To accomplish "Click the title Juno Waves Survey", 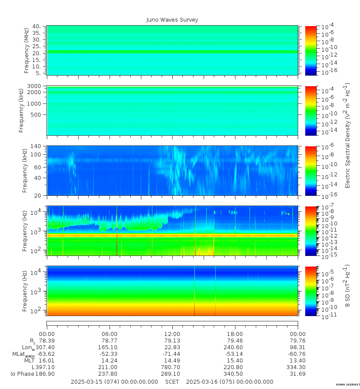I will pyautogui.click(x=172, y=20).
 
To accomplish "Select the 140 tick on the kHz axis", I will pyautogui.click(x=35, y=146).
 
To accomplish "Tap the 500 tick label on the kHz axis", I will pyautogui.click(x=36, y=115).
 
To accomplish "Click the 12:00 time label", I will pyautogui.click(x=172, y=334).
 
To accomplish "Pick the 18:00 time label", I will pyautogui.click(x=235, y=334).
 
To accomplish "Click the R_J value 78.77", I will pyautogui.click(x=110, y=341).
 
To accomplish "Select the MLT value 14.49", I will pyautogui.click(x=172, y=361).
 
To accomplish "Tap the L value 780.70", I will pyautogui.click(x=172, y=367).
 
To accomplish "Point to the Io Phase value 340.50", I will pyautogui.click(x=235, y=374).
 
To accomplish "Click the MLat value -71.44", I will pyautogui.click(x=172, y=354).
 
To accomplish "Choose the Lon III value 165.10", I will pyautogui.click(x=110, y=347).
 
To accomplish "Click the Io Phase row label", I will pyautogui.click(x=22, y=374).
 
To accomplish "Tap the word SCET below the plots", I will pyautogui.click(x=172, y=382).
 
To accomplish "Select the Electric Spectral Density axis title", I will pyautogui.click(x=348, y=135).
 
